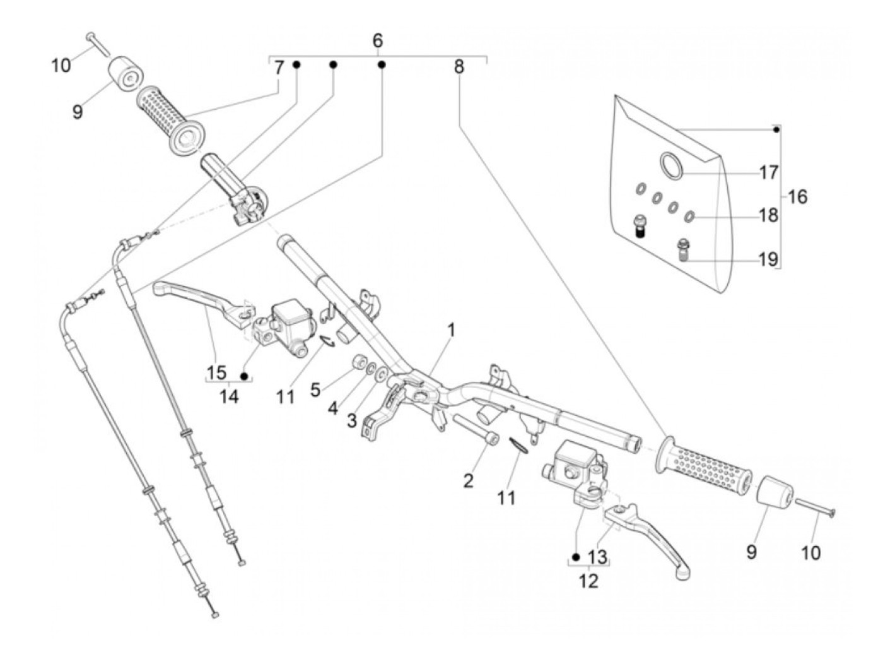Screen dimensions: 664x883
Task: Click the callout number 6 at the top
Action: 377,40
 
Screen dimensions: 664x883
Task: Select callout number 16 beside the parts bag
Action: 797,196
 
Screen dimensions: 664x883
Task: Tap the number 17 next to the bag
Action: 768,172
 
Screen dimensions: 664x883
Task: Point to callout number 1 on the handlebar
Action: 452,329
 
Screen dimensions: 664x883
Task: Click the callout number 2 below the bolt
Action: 468,481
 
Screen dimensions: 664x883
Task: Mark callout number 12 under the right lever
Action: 588,580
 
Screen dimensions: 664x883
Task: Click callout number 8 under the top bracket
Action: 459,66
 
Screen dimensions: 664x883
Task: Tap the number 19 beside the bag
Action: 768,259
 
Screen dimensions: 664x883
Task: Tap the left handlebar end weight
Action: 126,76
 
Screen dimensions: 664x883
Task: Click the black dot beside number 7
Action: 296,65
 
